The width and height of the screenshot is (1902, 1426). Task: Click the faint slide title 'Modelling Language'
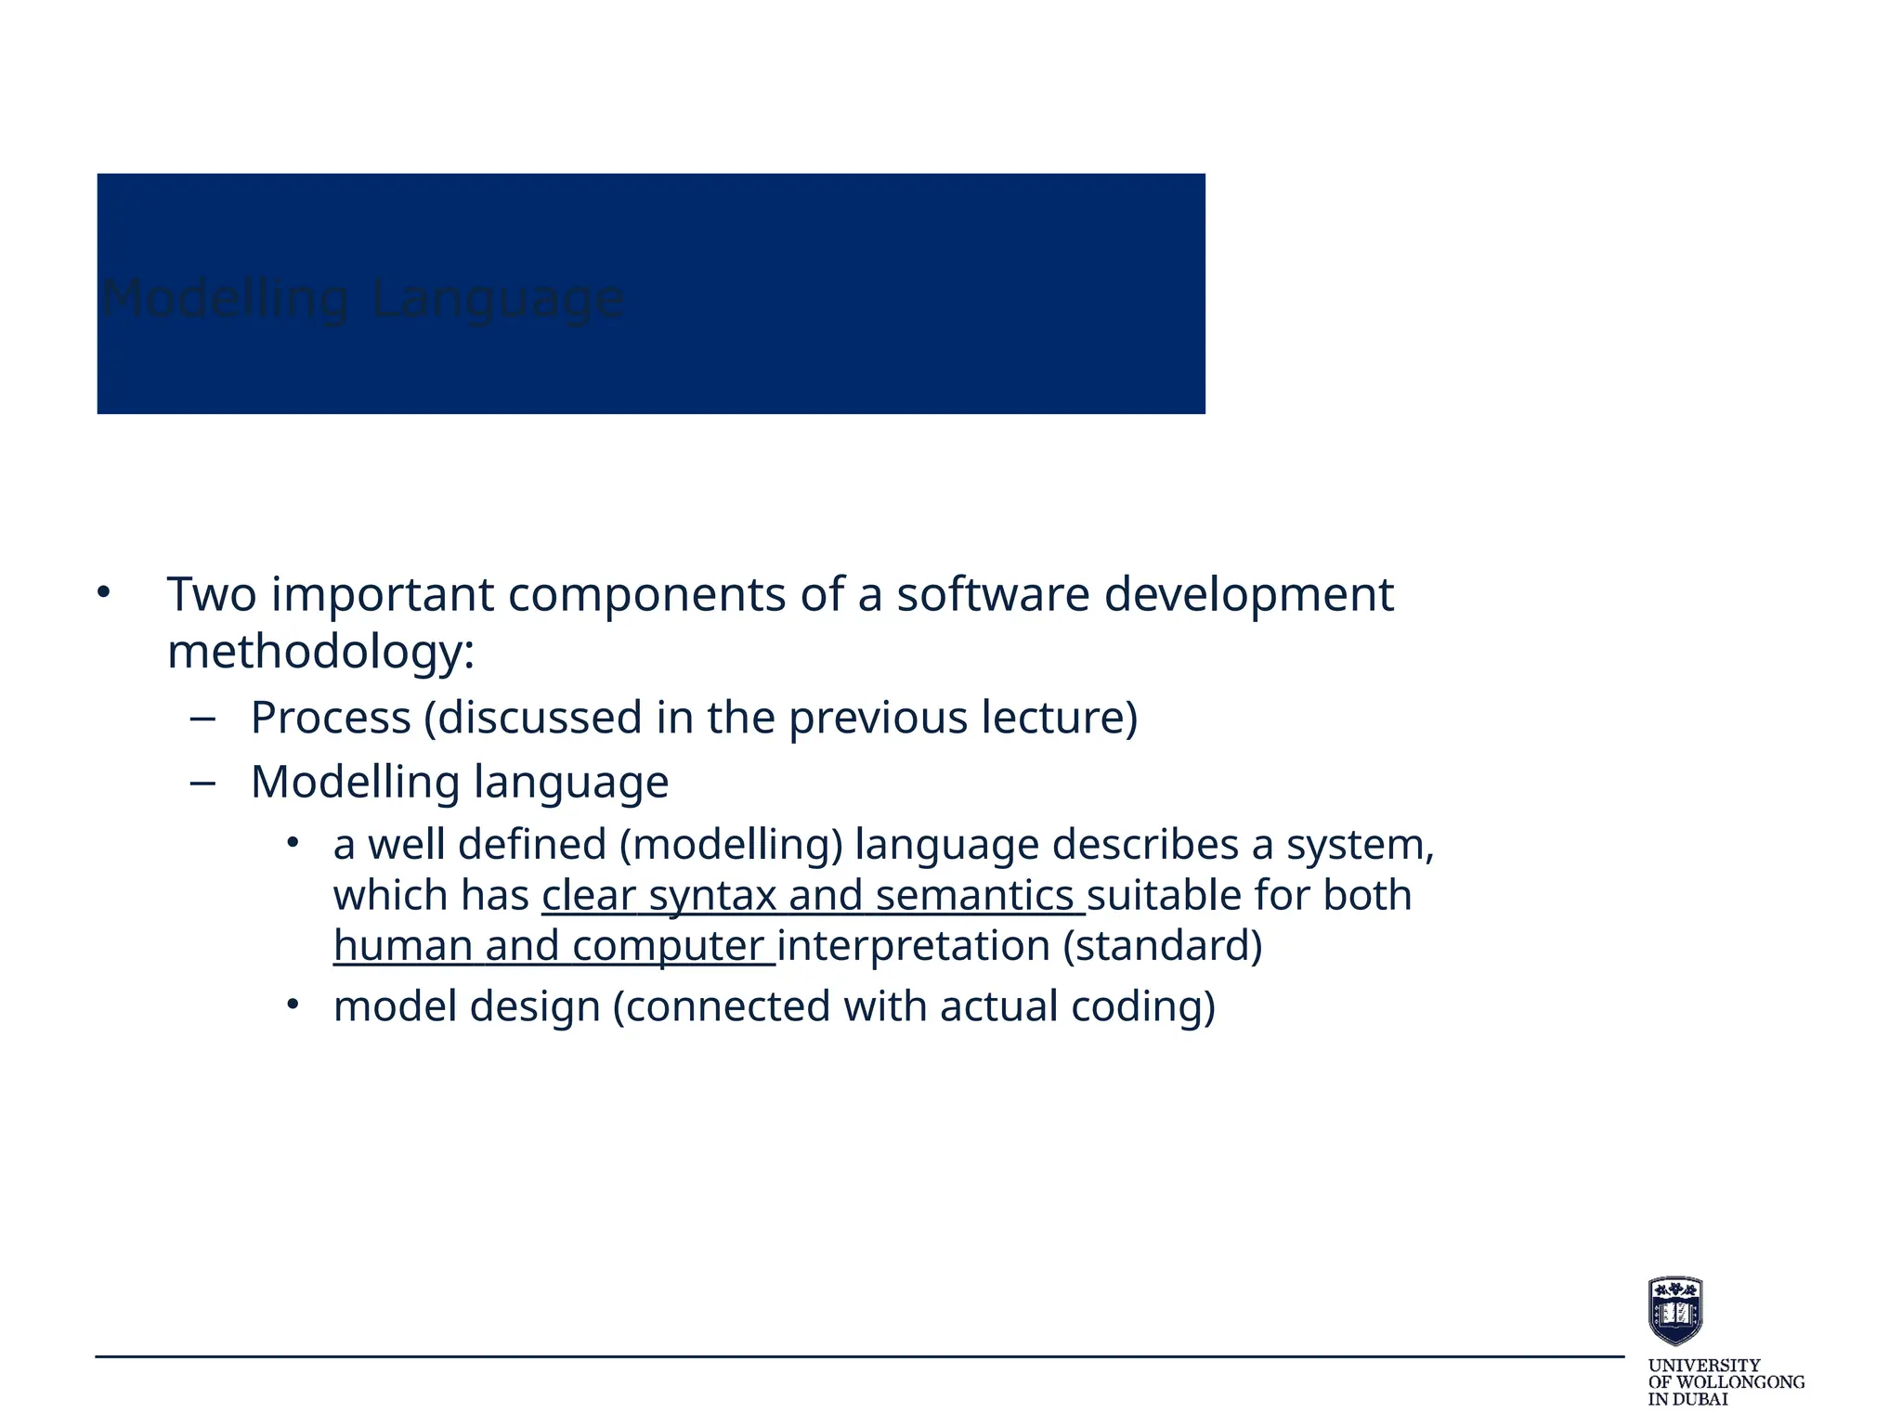(362, 299)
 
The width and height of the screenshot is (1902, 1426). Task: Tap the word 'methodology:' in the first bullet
(321, 652)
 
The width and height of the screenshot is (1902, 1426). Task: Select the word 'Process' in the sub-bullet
(331, 718)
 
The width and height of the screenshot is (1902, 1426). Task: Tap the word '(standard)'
(1162, 946)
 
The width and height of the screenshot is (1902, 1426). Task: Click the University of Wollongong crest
(1674, 1310)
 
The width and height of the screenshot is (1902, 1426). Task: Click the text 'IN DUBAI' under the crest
(1687, 1399)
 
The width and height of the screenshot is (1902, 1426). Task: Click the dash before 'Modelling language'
(202, 784)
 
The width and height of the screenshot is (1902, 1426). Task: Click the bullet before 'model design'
(293, 1005)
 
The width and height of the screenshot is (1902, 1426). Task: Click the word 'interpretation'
(914, 946)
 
